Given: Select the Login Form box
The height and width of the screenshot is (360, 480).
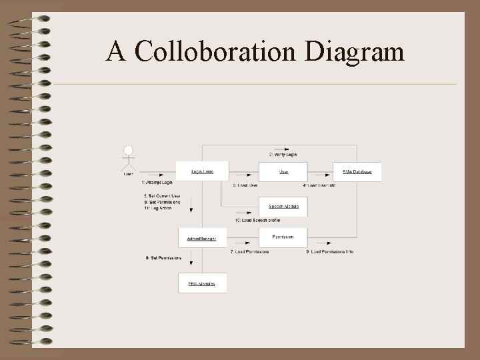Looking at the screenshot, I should (202, 171).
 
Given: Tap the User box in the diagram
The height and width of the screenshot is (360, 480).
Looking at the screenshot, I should (283, 171).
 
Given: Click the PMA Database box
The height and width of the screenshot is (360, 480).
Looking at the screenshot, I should (357, 172).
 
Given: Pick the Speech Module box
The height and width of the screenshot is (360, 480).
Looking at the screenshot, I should (283, 206).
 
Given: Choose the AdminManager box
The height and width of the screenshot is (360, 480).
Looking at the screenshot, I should (202, 238).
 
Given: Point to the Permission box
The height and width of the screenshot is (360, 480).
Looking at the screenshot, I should (283, 237).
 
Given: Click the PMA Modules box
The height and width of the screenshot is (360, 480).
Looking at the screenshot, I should (202, 283).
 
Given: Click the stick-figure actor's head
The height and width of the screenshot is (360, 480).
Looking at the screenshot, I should (129, 150).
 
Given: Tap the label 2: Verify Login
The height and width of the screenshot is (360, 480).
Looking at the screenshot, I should (283, 155).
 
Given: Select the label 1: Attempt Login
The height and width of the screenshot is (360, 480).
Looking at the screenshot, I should (157, 182).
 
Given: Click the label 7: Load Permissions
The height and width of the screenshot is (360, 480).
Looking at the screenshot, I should (250, 252).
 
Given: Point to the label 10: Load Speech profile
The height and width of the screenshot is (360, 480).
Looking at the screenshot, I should (257, 220).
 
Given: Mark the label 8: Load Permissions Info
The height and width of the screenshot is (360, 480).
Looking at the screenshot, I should (330, 252).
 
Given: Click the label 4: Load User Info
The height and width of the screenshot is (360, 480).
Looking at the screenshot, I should (319, 185).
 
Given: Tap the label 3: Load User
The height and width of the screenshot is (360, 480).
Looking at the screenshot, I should (245, 185).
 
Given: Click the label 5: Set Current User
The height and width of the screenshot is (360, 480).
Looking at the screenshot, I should (162, 195).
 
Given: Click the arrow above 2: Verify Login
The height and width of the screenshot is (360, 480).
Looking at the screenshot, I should (283, 148).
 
